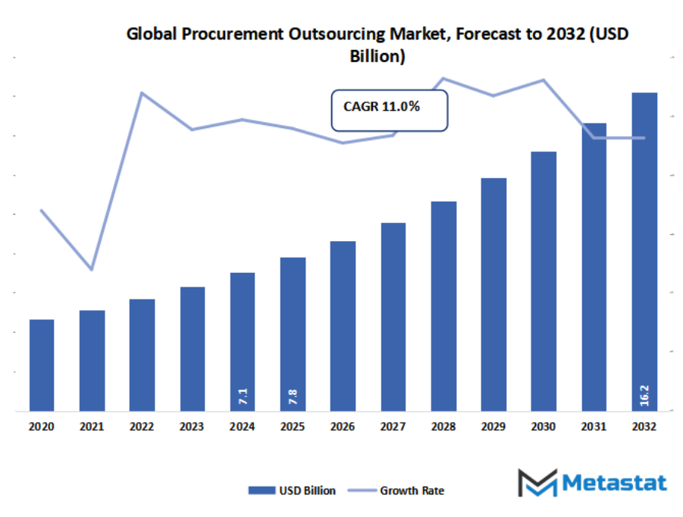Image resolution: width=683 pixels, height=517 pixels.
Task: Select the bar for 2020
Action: click(x=42, y=365)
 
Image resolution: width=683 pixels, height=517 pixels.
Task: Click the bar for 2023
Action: click(x=193, y=349)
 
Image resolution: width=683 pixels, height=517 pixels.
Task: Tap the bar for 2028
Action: click(x=444, y=306)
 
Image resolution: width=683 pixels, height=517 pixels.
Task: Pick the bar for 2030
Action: click(x=544, y=281)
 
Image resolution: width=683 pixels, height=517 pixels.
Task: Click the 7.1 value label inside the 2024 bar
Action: click(x=243, y=396)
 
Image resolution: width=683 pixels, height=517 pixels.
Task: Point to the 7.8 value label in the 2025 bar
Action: click(x=293, y=396)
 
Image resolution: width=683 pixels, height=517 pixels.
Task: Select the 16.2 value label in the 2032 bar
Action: click(x=644, y=396)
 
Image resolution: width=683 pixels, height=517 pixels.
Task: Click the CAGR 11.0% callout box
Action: click(x=390, y=111)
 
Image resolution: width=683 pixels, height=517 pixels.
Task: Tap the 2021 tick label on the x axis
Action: click(x=92, y=426)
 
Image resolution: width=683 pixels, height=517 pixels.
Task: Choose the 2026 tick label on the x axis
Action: click(x=343, y=426)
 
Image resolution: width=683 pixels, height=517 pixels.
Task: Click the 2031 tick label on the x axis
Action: click(x=594, y=426)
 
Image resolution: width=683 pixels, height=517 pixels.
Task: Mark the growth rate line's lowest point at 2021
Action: click(x=92, y=270)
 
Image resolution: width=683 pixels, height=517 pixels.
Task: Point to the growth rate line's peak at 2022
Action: click(x=142, y=92)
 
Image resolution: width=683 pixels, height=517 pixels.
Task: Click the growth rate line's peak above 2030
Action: click(x=544, y=80)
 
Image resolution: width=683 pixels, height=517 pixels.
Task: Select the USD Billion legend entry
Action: click(x=292, y=490)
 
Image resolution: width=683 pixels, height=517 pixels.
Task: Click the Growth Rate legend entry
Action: click(x=396, y=490)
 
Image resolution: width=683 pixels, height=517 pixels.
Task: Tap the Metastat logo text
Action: click(x=614, y=483)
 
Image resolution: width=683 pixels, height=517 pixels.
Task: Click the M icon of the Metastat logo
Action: click(x=537, y=483)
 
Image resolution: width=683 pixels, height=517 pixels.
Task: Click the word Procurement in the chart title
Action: click(x=233, y=34)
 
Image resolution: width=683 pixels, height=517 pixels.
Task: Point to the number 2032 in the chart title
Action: click(x=566, y=34)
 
